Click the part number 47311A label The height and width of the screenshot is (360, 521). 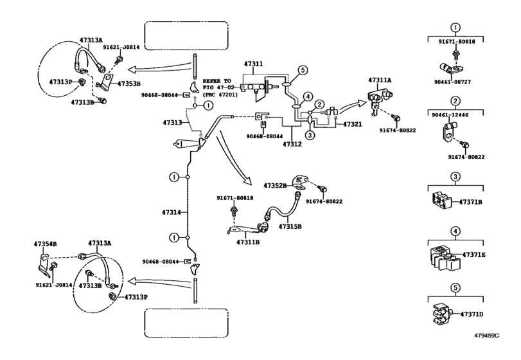(x=380, y=80)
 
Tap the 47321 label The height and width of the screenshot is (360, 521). (x=352, y=124)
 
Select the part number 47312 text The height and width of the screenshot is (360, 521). (x=292, y=144)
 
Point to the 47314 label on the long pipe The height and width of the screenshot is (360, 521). (x=172, y=212)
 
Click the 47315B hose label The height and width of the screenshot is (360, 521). (x=290, y=227)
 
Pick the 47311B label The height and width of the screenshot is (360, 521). (x=248, y=242)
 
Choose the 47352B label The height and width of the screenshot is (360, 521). (x=275, y=186)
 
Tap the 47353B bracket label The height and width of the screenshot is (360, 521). (x=128, y=84)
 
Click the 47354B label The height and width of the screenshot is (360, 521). (x=45, y=244)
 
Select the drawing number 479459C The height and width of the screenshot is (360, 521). (x=486, y=336)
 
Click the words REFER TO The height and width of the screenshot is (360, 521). (x=216, y=81)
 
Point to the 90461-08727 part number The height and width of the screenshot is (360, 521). (x=452, y=82)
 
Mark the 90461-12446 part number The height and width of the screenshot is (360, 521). (x=450, y=115)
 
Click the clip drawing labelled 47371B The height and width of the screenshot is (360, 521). (x=442, y=201)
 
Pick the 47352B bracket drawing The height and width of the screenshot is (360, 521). (x=300, y=181)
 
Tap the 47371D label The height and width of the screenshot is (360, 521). (x=472, y=314)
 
